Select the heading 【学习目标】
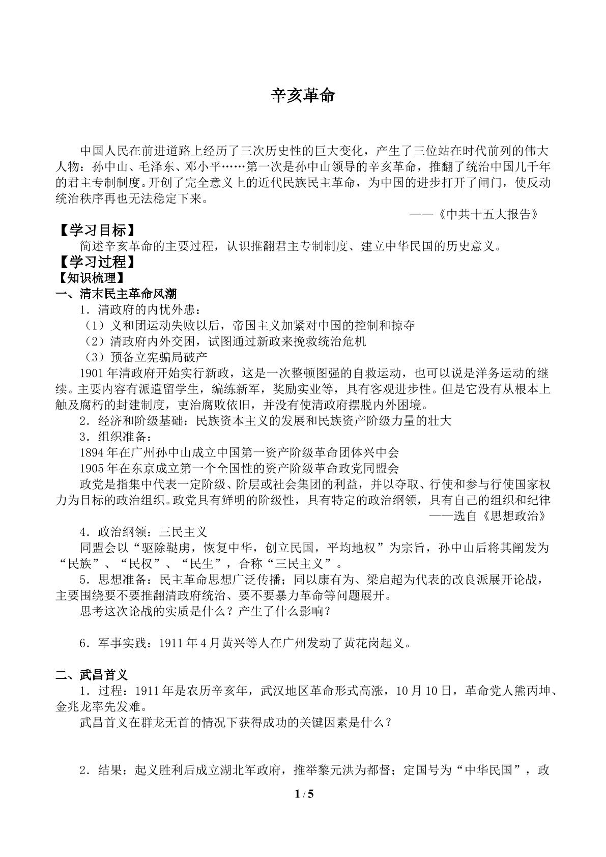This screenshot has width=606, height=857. tap(96, 231)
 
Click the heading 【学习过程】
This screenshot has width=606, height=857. tap(96, 262)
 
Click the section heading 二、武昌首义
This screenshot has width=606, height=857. tap(92, 675)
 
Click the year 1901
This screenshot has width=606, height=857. tap(92, 373)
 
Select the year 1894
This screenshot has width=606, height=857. tap(92, 452)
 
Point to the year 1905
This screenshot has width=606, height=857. tap(92, 468)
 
